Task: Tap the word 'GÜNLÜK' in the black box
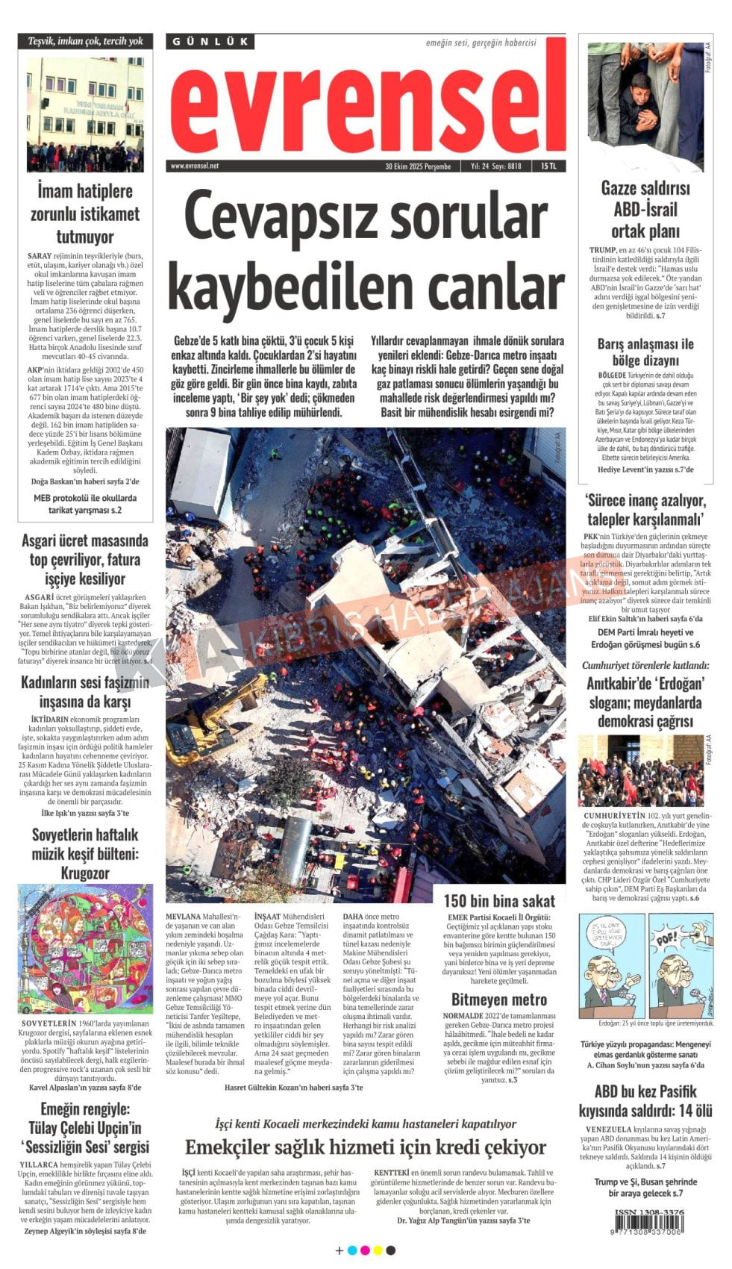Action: tap(210, 42)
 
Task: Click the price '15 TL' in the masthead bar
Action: tap(548, 166)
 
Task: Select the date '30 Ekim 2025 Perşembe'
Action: tap(418, 166)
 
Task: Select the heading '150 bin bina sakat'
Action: tap(499, 900)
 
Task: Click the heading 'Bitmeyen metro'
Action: tap(499, 1000)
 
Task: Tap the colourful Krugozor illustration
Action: tap(85, 949)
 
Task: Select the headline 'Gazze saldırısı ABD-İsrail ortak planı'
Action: tap(645, 210)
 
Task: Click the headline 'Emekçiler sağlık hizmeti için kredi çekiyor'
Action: tap(366, 1147)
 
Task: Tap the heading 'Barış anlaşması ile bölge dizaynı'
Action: tap(645, 352)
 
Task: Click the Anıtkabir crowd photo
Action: tap(640, 773)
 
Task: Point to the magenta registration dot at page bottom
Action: tap(364, 1250)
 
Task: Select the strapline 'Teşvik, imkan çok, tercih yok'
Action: tap(85, 41)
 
